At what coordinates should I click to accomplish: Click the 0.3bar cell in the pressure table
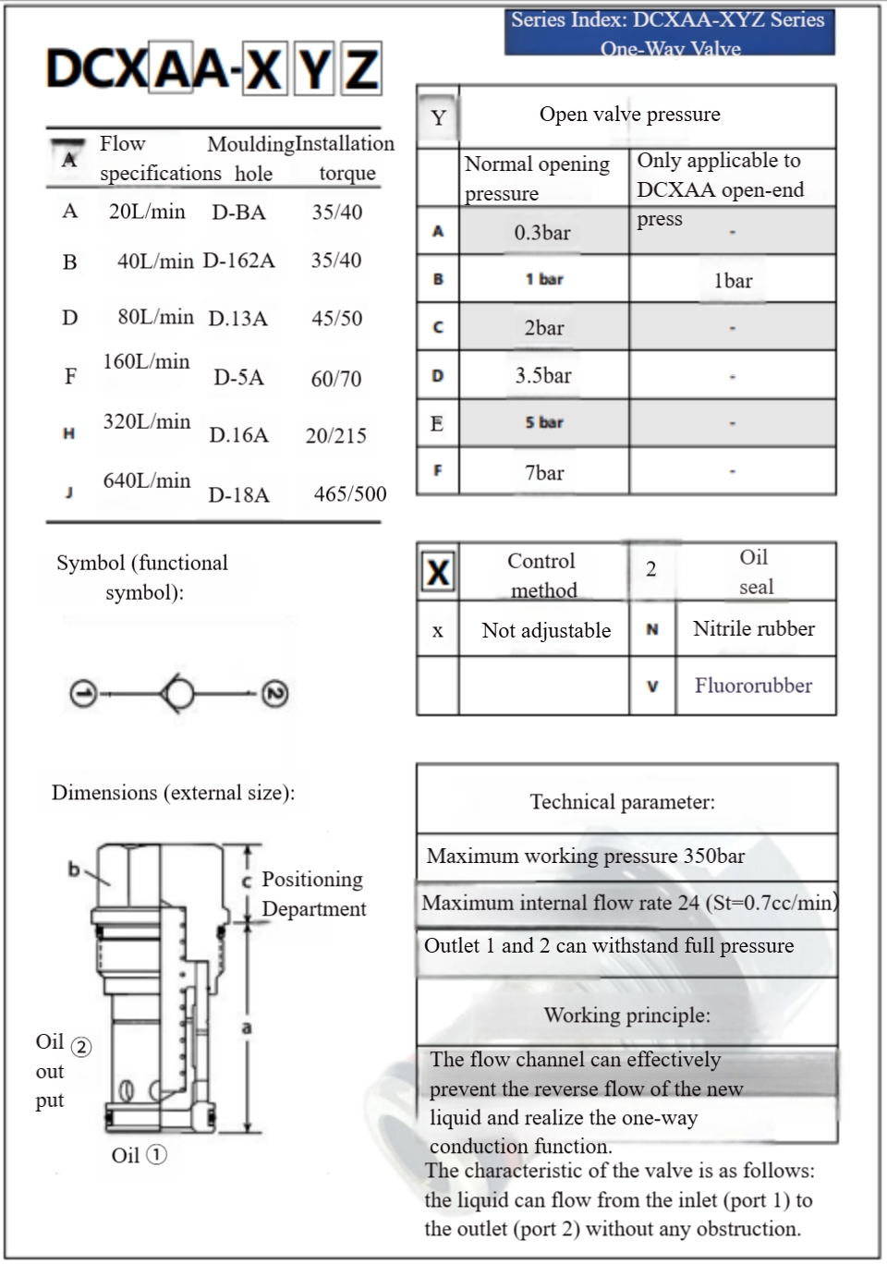click(542, 233)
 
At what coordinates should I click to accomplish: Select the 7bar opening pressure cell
click(544, 473)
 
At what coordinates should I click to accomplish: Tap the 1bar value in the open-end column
click(733, 281)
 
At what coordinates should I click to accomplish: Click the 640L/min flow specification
click(147, 480)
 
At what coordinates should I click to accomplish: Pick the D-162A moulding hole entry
click(238, 261)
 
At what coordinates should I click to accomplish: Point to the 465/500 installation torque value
click(350, 494)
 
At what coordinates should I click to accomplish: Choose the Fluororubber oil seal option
click(753, 686)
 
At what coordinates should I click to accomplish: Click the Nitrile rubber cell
click(754, 629)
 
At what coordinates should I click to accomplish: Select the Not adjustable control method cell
click(546, 631)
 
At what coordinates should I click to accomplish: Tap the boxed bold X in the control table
click(438, 573)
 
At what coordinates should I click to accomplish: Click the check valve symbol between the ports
click(178, 693)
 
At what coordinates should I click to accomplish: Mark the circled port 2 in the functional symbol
click(274, 694)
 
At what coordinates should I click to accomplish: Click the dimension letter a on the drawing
click(247, 1027)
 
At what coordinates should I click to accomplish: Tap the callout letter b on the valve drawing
click(74, 869)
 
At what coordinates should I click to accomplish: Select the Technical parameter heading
click(622, 802)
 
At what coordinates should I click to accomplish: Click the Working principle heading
click(626, 1015)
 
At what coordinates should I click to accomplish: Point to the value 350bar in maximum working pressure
click(713, 857)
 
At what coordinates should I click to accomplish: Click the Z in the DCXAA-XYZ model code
click(360, 69)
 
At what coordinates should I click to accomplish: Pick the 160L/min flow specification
click(146, 361)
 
